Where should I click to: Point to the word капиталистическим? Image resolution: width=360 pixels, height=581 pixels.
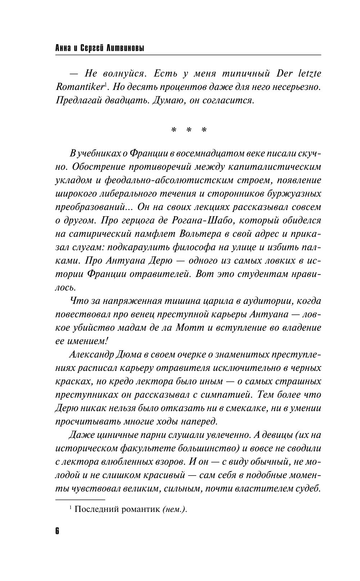coord(274,167)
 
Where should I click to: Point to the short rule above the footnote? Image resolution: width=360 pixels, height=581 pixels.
coord(80,499)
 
